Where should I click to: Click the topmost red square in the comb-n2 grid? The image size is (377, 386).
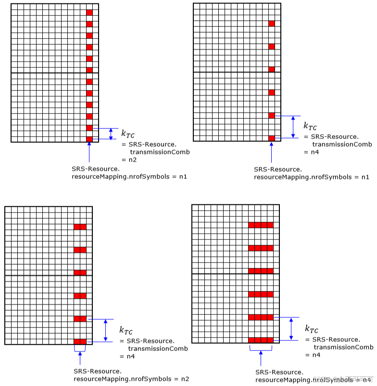click(x=89, y=12)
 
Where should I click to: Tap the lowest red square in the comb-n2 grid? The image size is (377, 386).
click(x=89, y=139)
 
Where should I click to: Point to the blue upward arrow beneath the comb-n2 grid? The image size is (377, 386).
click(x=89, y=152)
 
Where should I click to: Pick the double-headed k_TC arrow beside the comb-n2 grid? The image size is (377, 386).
click(x=111, y=134)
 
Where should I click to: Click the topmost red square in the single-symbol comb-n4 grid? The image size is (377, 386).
click(x=272, y=24)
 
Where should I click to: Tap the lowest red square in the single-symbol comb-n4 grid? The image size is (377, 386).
click(x=272, y=138)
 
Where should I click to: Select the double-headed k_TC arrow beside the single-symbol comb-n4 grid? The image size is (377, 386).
click(x=292, y=127)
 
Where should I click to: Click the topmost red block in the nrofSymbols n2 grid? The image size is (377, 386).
click(x=80, y=226)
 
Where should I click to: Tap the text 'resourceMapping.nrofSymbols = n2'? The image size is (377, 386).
click(x=131, y=379)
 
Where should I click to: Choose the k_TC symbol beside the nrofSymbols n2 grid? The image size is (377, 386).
click(x=126, y=331)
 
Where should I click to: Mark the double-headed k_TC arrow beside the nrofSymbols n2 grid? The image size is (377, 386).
click(x=105, y=330)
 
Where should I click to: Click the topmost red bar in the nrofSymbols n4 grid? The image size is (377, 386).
click(x=261, y=224)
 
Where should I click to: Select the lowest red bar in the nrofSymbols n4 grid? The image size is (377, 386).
click(x=261, y=340)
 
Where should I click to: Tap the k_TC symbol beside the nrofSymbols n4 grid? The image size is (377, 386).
click(x=311, y=329)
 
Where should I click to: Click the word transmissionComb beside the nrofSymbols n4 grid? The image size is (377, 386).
click(x=343, y=347)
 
